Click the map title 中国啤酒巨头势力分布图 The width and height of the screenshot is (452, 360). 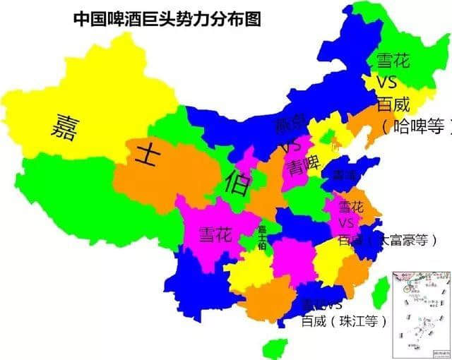click(167, 18)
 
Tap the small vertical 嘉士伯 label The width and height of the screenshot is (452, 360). click(261, 237)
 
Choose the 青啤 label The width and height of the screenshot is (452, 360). click(304, 167)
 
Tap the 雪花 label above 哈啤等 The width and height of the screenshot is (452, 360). click(393, 61)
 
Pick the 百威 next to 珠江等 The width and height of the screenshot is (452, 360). click(314, 321)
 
